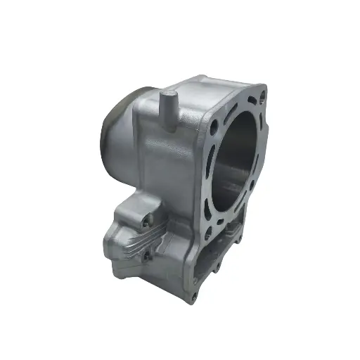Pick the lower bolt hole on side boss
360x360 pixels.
[146, 256]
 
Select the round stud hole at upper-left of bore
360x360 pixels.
[212, 127]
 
